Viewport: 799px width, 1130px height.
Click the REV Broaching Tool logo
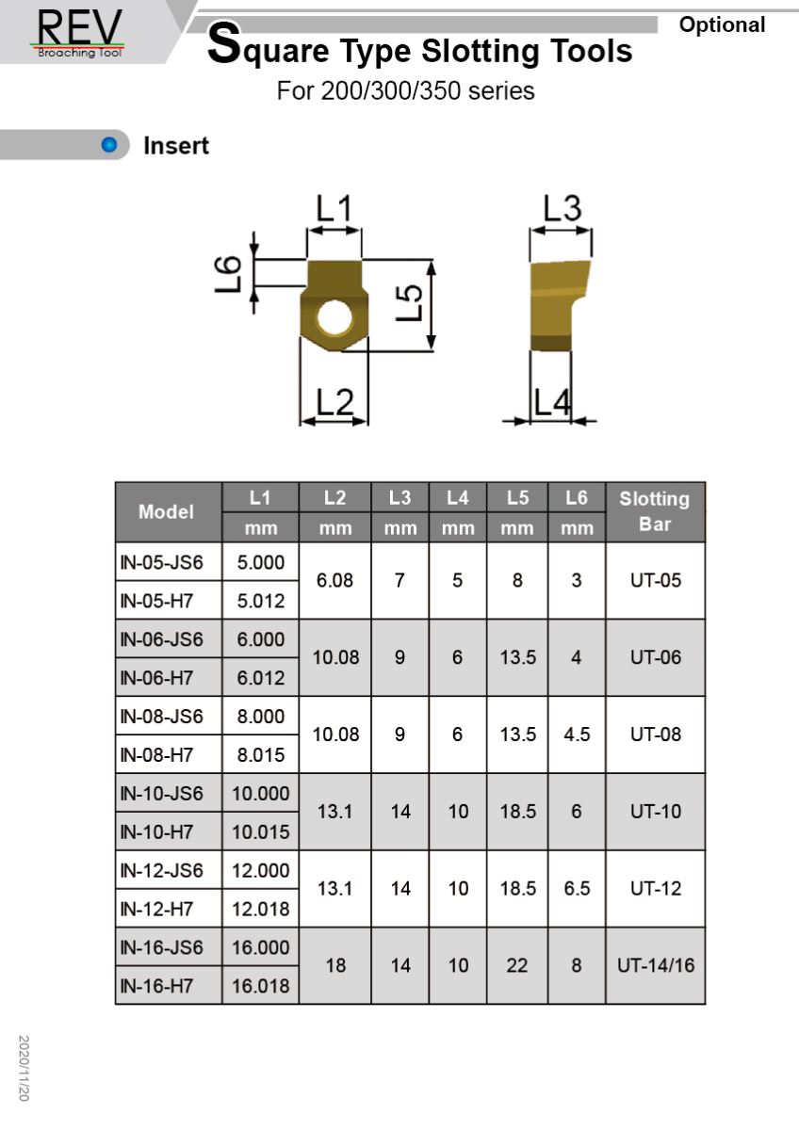pos(80,33)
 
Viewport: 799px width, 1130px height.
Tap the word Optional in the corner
pos(722,25)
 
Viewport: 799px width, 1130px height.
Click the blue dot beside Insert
pos(109,145)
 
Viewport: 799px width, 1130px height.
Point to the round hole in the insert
pos(334,318)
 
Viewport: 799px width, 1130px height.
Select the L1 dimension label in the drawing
pos(334,209)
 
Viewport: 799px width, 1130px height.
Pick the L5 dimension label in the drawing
pos(409,302)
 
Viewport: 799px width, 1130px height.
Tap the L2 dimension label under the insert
pos(334,402)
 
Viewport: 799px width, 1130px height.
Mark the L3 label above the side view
pos(562,208)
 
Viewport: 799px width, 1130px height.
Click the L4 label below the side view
pos(552,402)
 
